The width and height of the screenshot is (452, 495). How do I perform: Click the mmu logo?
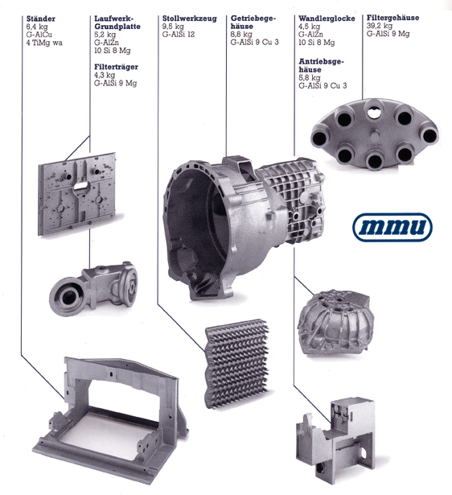[x=392, y=227]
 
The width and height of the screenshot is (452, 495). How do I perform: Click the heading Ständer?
[x=41, y=19]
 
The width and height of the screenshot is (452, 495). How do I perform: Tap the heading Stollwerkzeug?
[x=190, y=19]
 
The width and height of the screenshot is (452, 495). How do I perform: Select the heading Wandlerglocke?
[x=327, y=19]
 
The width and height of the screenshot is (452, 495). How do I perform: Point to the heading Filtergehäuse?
[x=392, y=18]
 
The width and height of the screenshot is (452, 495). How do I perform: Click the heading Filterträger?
[x=116, y=67]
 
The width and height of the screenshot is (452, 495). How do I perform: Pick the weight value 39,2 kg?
[x=380, y=26]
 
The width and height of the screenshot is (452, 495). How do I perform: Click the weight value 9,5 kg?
[x=173, y=27]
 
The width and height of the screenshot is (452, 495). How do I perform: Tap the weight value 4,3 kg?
[x=105, y=75]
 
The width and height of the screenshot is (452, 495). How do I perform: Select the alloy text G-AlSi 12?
[x=179, y=35]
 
